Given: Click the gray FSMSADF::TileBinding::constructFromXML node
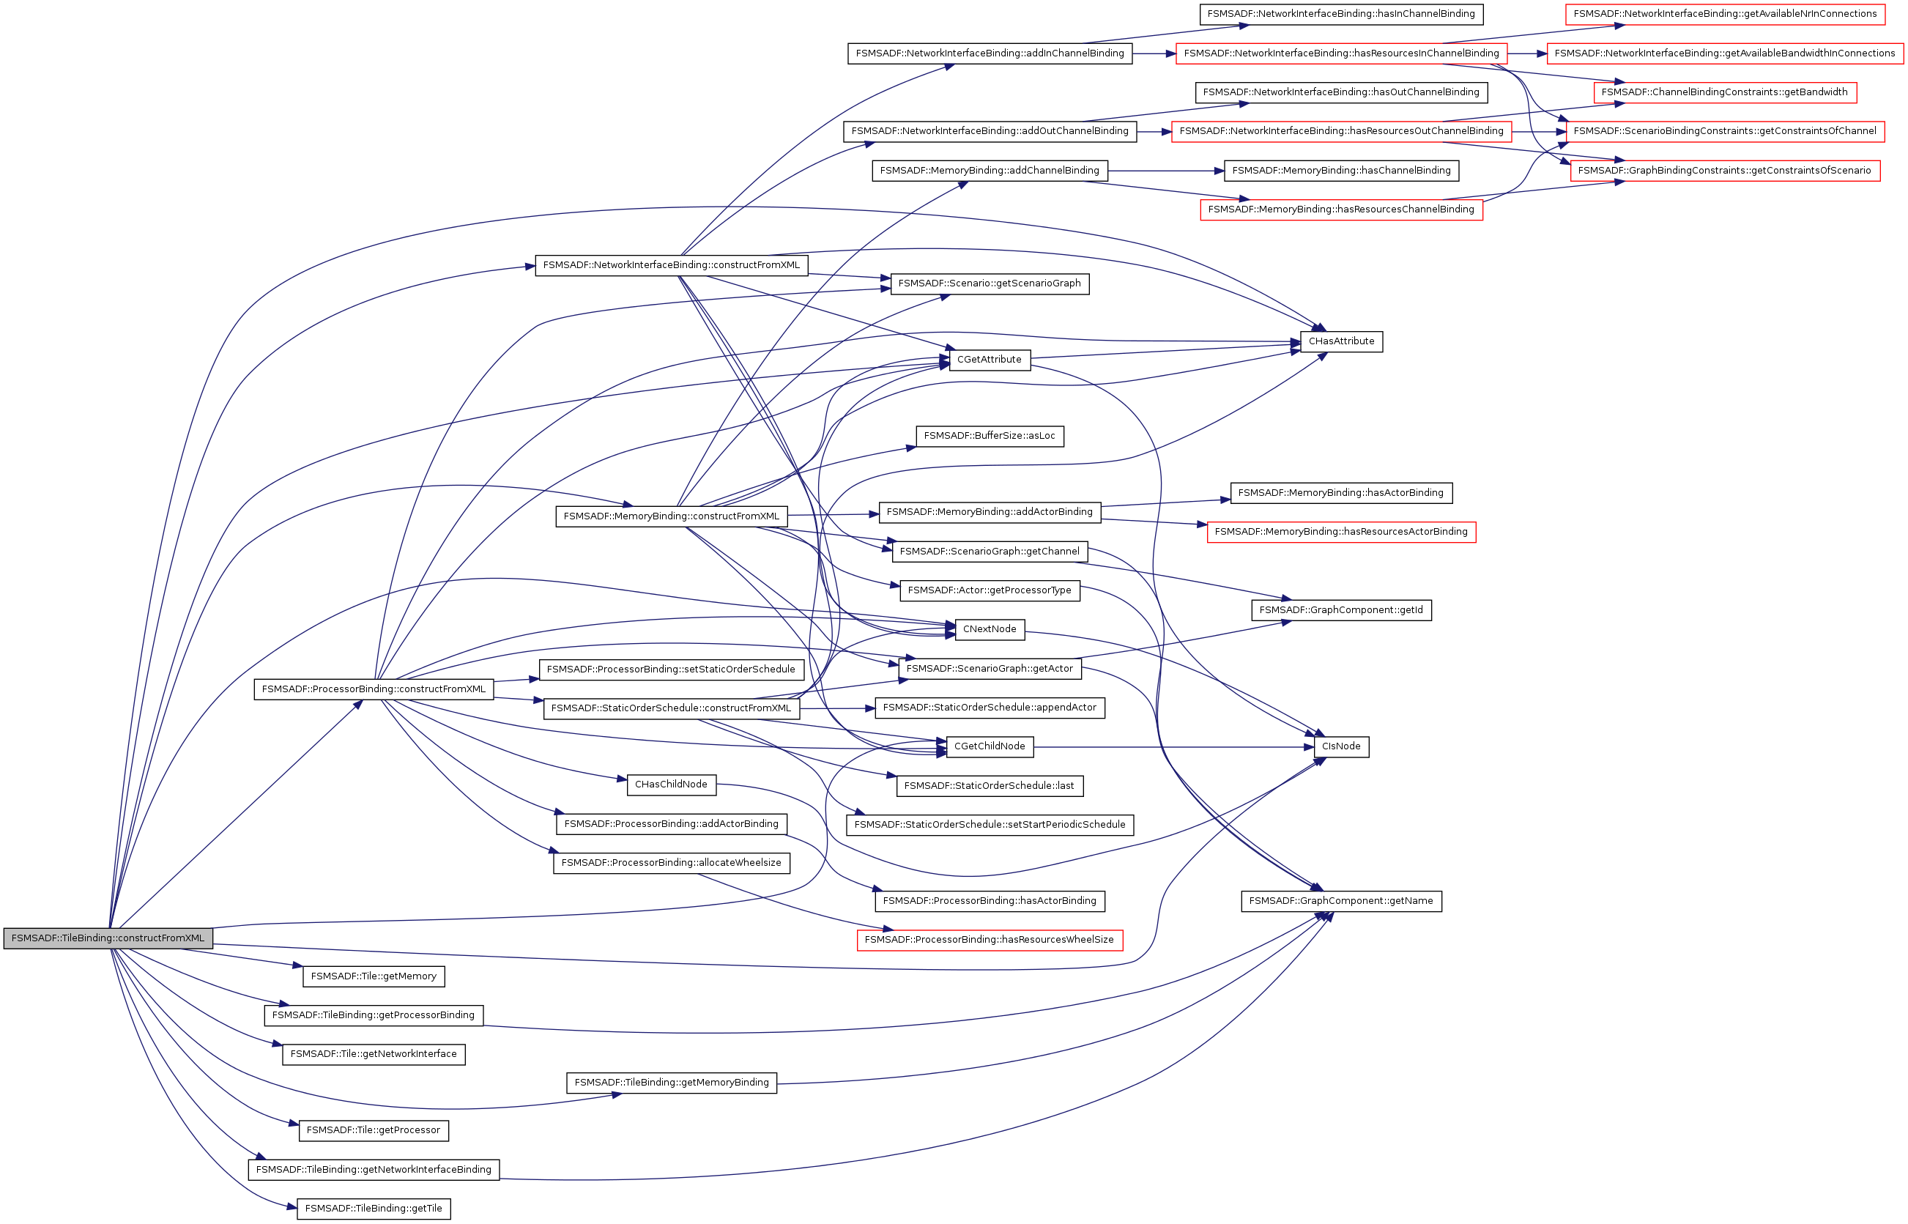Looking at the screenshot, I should point(108,938).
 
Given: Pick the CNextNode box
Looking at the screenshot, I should point(990,629).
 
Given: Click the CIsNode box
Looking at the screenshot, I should point(1340,746).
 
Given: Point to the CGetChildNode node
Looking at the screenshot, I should point(990,746).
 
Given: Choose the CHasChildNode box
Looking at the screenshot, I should point(671,785).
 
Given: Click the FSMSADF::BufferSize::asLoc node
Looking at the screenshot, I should point(990,437).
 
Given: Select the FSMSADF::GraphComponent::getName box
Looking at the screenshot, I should point(1340,901).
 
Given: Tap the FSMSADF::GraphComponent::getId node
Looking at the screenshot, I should point(1340,610).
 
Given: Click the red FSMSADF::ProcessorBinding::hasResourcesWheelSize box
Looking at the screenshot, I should point(990,941).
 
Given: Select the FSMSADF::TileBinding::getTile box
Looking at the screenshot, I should point(374,1209).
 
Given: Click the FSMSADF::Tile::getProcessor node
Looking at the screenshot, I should point(374,1131).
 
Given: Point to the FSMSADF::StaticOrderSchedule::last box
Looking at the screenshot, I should point(990,786).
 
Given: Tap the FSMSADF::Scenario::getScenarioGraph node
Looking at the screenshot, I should point(990,283).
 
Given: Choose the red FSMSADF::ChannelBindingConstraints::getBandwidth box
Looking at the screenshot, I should point(1724,92).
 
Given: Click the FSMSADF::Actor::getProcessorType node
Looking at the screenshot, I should point(990,590).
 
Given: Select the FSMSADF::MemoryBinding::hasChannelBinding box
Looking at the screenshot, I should point(1340,171).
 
